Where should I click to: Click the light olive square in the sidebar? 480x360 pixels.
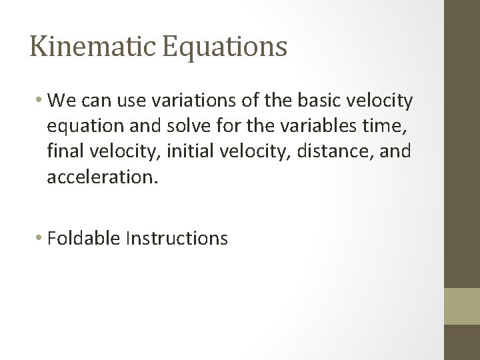(462, 306)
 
